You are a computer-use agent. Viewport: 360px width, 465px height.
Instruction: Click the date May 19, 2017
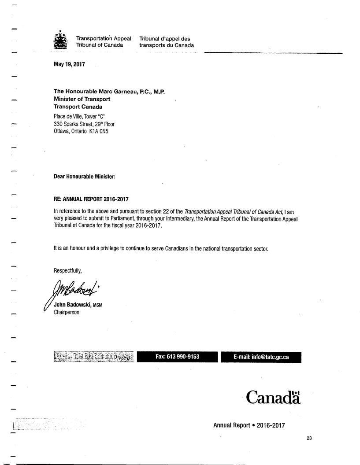(x=69, y=64)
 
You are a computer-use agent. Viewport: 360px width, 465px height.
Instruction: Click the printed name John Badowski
(x=72, y=306)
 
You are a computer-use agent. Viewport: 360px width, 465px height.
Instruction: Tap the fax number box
(x=178, y=357)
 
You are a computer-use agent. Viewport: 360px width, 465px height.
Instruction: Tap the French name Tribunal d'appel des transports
(x=166, y=42)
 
